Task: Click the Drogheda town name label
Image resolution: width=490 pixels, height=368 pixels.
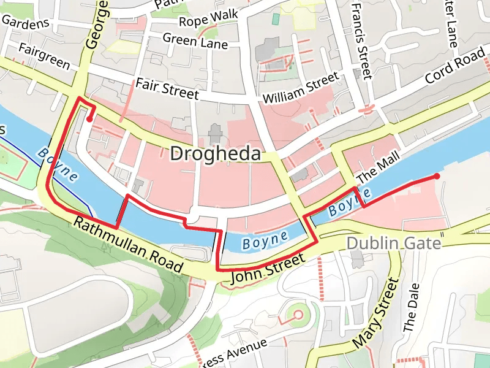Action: click(215, 154)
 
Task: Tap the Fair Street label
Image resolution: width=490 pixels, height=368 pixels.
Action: click(167, 89)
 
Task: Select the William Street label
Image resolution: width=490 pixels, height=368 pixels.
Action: click(300, 90)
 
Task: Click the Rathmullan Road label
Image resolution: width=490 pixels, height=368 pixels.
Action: click(128, 244)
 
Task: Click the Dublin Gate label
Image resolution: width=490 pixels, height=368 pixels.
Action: click(393, 243)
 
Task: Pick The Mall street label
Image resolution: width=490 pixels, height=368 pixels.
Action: click(373, 169)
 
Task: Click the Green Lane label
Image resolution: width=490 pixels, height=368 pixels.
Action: click(195, 41)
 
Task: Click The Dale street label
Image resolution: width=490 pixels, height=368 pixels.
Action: click(410, 307)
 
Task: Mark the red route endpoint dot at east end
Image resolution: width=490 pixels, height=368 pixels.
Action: click(437, 177)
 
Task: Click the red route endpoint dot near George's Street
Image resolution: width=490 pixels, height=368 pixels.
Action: click(90, 120)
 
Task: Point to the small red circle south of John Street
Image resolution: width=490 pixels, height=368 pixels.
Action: click(298, 315)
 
